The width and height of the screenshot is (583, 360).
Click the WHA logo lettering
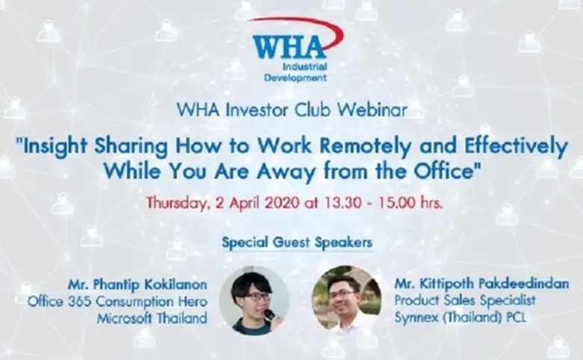point(289,48)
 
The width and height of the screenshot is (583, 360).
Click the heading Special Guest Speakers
point(297,243)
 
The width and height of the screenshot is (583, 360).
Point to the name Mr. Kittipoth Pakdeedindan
point(483,284)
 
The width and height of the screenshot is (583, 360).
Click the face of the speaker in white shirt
point(345,294)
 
